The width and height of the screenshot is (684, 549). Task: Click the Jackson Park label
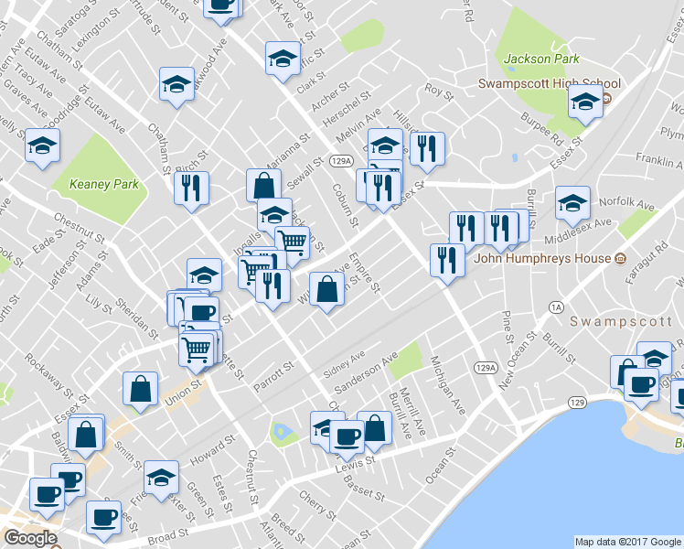click(x=541, y=59)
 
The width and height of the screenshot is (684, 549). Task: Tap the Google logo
click(x=29, y=538)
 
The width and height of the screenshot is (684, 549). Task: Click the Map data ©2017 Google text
click(x=626, y=542)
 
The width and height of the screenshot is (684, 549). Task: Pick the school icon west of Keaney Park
click(x=41, y=147)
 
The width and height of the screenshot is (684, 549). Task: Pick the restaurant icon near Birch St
click(x=191, y=188)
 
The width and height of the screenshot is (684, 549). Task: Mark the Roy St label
click(x=439, y=91)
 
